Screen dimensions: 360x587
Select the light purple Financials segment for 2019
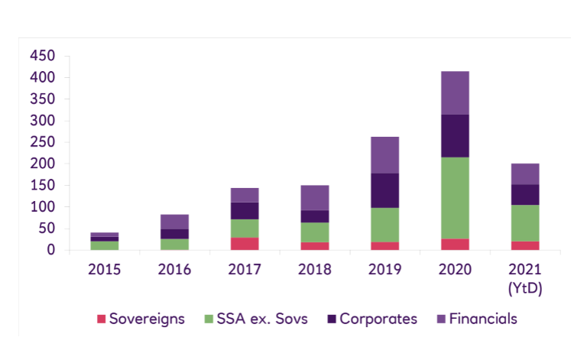click(384, 155)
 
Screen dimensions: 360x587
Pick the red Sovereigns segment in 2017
click(245, 244)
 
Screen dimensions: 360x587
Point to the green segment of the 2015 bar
click(104, 245)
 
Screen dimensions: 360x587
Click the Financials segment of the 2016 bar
click(174, 222)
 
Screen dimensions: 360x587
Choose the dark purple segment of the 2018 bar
click(314, 216)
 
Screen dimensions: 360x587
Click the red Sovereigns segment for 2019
click(384, 246)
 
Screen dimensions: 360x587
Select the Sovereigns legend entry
click(141, 319)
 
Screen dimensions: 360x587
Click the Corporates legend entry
click(373, 319)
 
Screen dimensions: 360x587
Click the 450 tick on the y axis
click(43, 57)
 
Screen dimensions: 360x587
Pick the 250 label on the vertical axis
click(43, 142)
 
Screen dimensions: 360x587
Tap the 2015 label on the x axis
click(104, 269)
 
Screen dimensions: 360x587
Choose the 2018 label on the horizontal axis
click(314, 269)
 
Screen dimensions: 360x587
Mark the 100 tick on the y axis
click(43, 207)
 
